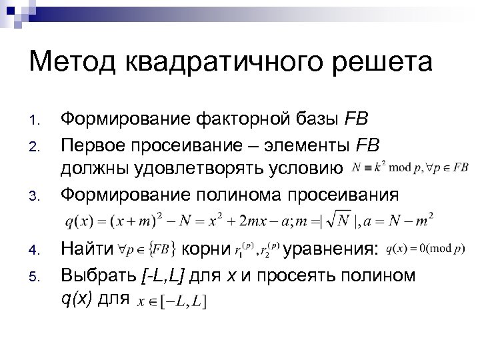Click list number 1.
coord(37,121)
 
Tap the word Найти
coord(87,251)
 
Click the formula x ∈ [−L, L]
coord(172,301)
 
